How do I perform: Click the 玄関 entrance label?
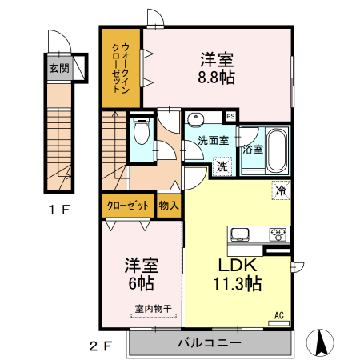(58, 67)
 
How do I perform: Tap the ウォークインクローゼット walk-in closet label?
(120, 68)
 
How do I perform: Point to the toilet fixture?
(142, 131)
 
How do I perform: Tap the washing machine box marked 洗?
(222, 167)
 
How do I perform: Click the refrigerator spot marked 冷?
(281, 190)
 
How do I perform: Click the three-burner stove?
(278, 234)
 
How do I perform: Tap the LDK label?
(237, 266)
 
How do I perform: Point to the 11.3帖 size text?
(237, 284)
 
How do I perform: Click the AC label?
(280, 314)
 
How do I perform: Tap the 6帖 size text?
(140, 282)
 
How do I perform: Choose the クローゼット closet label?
(129, 205)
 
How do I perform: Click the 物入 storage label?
(169, 205)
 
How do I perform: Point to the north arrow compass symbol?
(322, 342)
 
